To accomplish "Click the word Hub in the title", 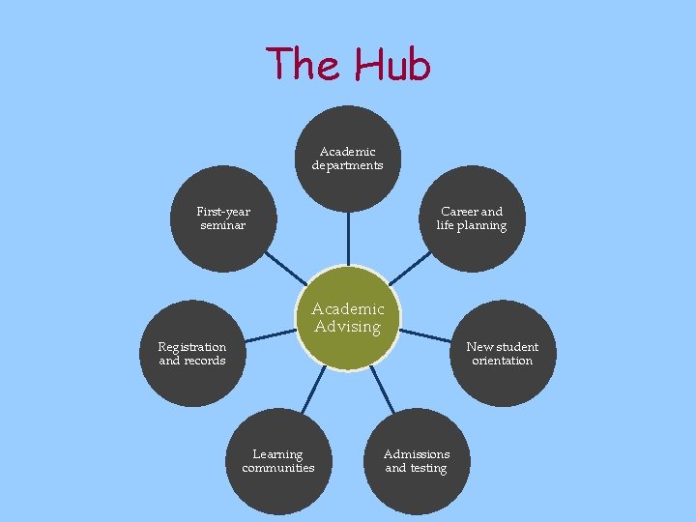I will (391, 65).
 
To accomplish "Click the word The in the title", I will (304, 64).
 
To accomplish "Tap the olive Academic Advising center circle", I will (347, 318).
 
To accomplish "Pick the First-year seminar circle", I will (222, 218).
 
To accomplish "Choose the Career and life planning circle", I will (471, 218).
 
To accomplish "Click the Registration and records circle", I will (191, 354).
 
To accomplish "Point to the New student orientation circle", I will (503, 354).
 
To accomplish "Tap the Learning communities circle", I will (278, 461).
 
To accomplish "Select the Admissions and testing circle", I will (417, 461).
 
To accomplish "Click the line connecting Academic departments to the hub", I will (347, 236).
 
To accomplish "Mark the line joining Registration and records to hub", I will (268, 335).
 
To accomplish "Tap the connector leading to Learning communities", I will (313, 391).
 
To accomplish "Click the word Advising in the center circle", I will (348, 327).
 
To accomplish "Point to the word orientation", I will (503, 361).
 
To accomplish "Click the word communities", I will (278, 468).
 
